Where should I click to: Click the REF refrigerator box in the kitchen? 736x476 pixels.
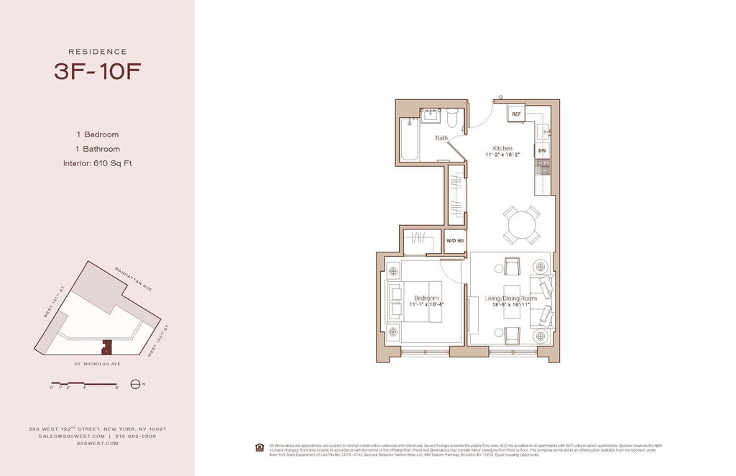(516, 114)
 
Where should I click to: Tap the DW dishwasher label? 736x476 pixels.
(542, 151)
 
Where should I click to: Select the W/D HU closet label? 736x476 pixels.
(454, 241)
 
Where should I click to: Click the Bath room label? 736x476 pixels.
(441, 137)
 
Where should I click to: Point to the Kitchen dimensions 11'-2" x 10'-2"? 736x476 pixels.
(502, 155)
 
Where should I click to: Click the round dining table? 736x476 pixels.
(522, 225)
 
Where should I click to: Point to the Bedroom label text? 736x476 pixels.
(425, 298)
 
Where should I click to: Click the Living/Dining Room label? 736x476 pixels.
(510, 298)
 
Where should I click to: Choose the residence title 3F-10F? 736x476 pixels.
(98, 71)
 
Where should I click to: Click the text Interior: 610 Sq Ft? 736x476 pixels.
(98, 163)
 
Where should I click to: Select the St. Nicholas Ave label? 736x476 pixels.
(96, 364)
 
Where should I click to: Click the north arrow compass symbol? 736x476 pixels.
(134, 384)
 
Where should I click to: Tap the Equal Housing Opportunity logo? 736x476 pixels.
(259, 447)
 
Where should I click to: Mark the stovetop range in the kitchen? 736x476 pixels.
(543, 168)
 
